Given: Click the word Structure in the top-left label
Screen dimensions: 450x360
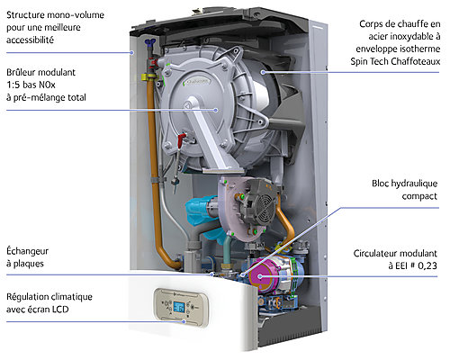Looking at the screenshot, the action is (x=26, y=14).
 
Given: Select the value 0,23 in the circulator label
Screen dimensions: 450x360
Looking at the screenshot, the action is (x=427, y=265).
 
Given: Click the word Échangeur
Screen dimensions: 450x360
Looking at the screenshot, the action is (x=27, y=250).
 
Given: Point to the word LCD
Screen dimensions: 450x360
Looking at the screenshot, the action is (x=60, y=309).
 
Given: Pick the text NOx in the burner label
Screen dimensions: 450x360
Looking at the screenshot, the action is (x=48, y=85).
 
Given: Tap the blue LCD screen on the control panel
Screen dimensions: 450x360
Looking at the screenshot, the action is (x=179, y=307).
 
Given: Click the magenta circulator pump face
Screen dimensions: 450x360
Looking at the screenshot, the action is (x=260, y=276).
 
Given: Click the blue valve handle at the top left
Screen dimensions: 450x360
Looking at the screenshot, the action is (x=148, y=42).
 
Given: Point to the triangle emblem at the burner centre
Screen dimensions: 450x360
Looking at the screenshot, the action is (x=187, y=105).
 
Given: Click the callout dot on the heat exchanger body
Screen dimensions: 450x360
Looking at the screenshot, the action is (x=263, y=72).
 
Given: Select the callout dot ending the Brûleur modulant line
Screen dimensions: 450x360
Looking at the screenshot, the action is (x=216, y=110).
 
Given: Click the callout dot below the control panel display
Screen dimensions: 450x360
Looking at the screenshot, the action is (x=184, y=321).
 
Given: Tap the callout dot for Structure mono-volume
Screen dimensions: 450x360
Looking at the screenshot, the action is (x=131, y=52).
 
